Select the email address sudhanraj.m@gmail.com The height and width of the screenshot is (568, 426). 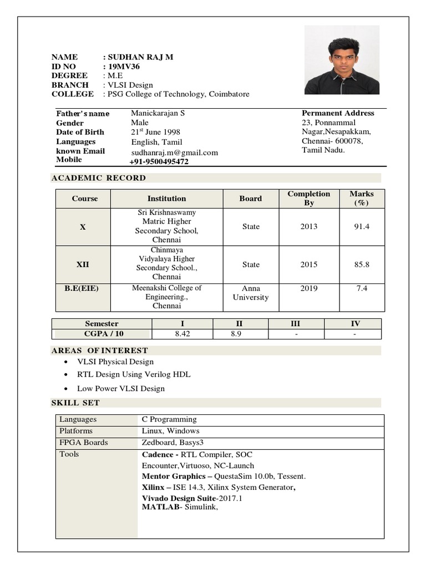tap(174, 153)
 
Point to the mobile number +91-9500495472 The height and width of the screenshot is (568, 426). tap(159, 161)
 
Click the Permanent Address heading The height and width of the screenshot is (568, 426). tap(338, 113)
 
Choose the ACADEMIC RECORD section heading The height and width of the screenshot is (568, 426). tap(99, 178)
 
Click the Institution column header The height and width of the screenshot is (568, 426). tap(166, 199)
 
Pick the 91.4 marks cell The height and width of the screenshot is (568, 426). tap(362, 227)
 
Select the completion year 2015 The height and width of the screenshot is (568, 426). tap(309, 265)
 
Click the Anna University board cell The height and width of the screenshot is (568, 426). tap(251, 293)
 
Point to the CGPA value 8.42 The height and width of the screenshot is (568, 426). tap(182, 334)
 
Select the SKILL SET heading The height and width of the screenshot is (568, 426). tap(75, 402)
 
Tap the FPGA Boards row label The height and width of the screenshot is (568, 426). tap(84, 443)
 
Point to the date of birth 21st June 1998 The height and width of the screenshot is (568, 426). tap(155, 132)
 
